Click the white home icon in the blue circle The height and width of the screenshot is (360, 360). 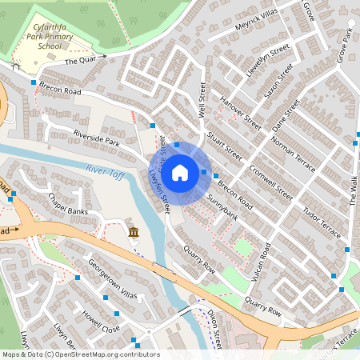(180, 172)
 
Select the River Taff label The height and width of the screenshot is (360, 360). (104, 169)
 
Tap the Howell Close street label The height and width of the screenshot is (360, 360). (99, 318)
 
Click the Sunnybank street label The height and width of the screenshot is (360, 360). (222, 206)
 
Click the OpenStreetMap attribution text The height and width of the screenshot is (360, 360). (81, 354)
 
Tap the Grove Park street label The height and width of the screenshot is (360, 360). (345, 48)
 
